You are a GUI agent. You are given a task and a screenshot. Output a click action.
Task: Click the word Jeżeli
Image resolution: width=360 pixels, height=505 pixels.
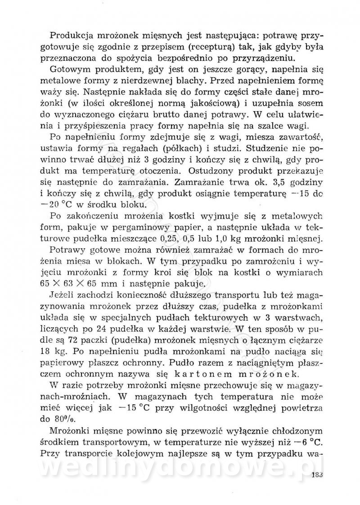point(61,295)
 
